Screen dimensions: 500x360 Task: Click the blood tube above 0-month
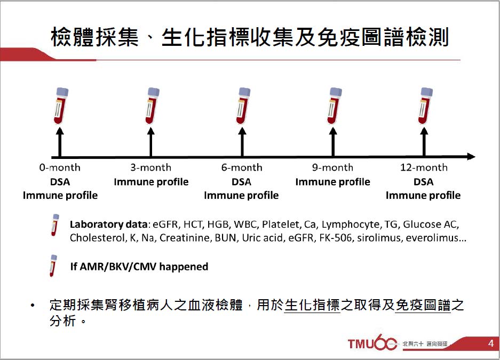(x=61, y=106)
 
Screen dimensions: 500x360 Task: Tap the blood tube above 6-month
(x=243, y=106)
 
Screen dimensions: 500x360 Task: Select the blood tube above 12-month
(x=425, y=106)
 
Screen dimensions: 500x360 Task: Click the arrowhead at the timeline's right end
(x=471, y=156)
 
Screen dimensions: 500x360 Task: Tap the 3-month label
(x=151, y=167)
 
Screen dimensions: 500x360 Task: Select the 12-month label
(x=424, y=167)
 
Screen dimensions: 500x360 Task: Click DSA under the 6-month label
(x=241, y=182)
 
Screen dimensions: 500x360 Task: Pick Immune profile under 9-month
(x=332, y=182)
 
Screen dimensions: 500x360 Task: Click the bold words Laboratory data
(x=108, y=225)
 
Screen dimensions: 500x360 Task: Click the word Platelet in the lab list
(x=281, y=225)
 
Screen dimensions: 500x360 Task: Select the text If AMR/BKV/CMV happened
(x=139, y=266)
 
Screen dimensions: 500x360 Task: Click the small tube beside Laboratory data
(x=55, y=225)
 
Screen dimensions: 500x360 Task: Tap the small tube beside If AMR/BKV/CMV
(x=53, y=266)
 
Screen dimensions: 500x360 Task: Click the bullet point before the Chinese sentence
(x=32, y=306)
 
